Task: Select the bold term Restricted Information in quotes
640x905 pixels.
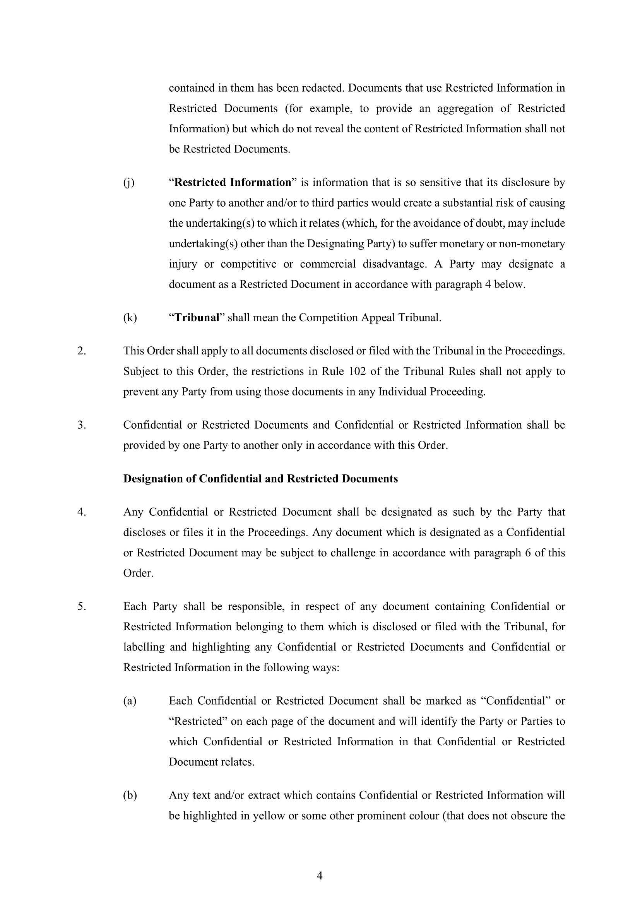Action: coord(233,183)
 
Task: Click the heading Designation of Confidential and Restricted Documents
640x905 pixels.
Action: coord(260,479)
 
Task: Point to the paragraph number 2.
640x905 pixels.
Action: coord(81,351)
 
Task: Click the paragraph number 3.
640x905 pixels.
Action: coord(81,425)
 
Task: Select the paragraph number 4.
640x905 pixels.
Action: coord(81,512)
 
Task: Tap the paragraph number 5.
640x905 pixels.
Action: coord(81,606)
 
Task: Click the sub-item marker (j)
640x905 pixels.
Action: coord(129,183)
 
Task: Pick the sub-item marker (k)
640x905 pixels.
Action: coord(130,318)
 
